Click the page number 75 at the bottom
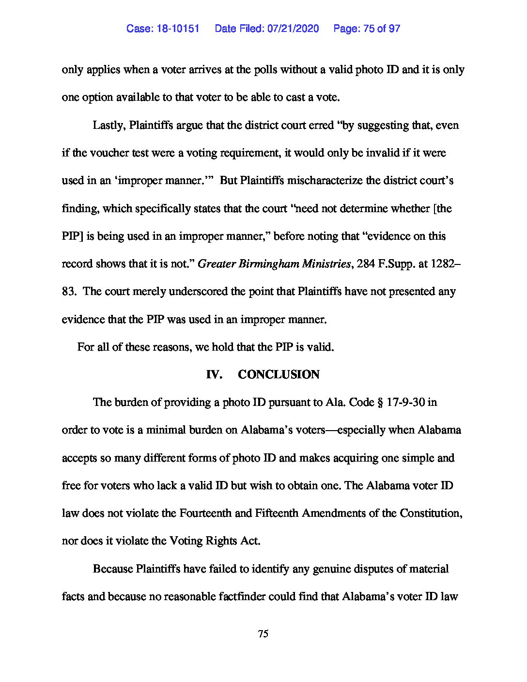click(263, 634)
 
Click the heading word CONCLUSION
click(279, 375)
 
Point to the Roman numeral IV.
click(214, 375)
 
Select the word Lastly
click(109, 125)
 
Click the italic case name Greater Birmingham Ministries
click(274, 264)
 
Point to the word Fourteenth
click(205, 513)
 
